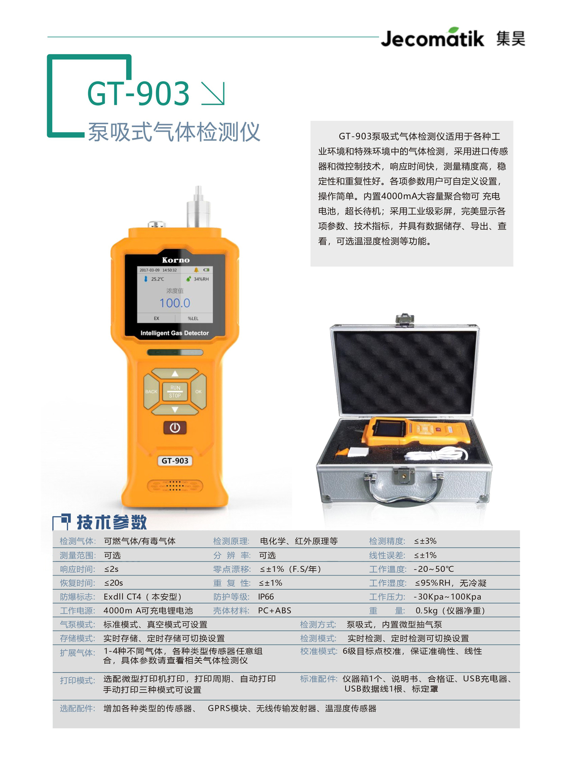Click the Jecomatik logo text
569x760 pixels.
tap(432, 39)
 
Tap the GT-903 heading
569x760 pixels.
tap(138, 93)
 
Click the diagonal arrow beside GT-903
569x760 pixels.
tap(213, 94)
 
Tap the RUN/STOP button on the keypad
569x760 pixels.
tap(175, 392)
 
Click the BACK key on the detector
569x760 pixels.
tap(151, 392)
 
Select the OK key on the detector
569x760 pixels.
tap(199, 392)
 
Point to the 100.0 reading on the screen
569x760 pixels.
tap(175, 303)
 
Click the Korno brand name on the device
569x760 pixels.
tap(175, 260)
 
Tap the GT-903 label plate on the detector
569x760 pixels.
tap(175, 461)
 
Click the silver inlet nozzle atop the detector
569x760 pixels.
tap(198, 208)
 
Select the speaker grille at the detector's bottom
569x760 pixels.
tap(175, 486)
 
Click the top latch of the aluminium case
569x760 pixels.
tap(404, 320)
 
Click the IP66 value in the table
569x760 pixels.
tap(266, 597)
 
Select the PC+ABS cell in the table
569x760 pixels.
tap(275, 611)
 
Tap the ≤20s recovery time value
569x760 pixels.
tap(113, 583)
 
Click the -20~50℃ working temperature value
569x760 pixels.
tap(434, 569)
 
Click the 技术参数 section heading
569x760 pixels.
tap(111, 522)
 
